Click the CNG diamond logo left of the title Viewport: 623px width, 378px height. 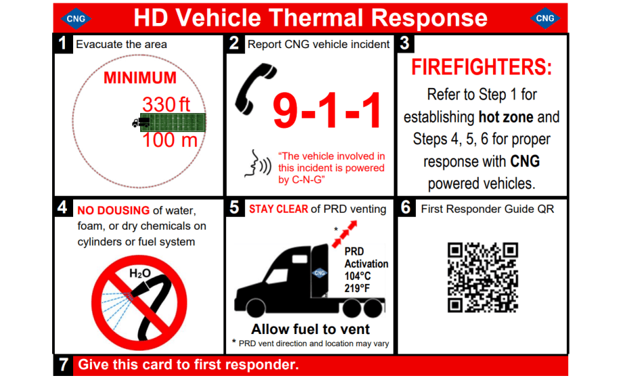[76, 18]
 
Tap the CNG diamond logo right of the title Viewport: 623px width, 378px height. [544, 18]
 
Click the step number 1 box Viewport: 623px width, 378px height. [62, 44]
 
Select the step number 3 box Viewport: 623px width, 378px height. [405, 44]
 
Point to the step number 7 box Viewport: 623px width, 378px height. [62, 364]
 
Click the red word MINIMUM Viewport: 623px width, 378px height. [139, 78]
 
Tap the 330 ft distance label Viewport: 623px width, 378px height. [167, 105]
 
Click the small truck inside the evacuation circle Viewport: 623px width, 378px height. [141, 123]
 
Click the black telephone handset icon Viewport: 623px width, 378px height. [249, 91]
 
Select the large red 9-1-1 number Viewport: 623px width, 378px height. [327, 111]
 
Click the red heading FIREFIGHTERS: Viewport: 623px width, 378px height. [481, 68]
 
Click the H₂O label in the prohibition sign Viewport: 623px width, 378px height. [139, 274]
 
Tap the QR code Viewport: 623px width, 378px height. [483, 278]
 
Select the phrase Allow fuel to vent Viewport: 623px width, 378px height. [310, 329]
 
